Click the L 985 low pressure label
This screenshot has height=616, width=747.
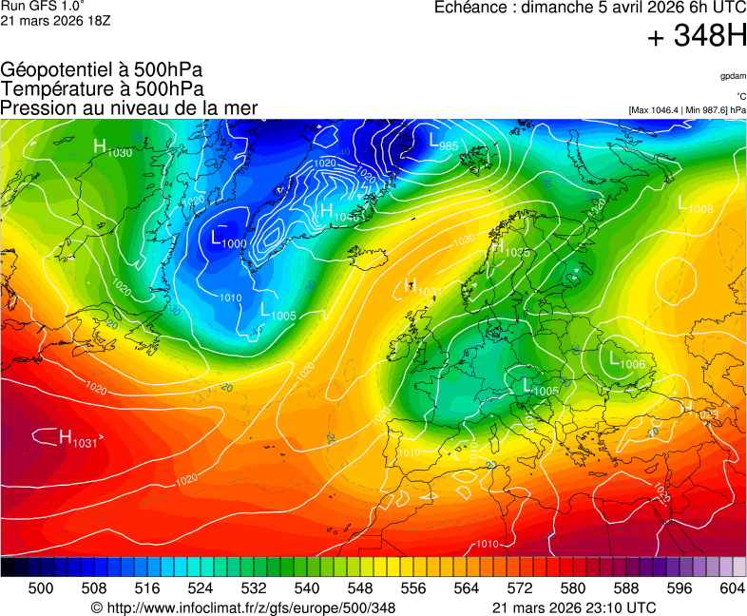[445, 142]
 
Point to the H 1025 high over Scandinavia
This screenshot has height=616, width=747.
[509, 248]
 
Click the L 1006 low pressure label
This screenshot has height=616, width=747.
[622, 359]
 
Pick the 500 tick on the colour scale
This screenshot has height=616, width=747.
[41, 588]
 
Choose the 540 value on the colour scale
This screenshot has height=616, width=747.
[307, 588]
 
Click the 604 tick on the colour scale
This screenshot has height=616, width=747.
[731, 588]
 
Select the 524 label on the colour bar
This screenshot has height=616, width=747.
[201, 588]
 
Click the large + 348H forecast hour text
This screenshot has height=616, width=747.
[697, 37]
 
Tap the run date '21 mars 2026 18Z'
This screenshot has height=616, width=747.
[55, 20]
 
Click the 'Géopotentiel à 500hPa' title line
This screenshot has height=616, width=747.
[102, 70]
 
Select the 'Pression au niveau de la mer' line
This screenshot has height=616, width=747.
[129, 107]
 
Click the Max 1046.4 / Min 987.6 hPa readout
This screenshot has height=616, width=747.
[687, 110]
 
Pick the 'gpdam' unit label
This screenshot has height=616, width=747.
[732, 76]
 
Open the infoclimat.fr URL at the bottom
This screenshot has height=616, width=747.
[243, 607]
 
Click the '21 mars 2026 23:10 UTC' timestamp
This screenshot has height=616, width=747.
[574, 607]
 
